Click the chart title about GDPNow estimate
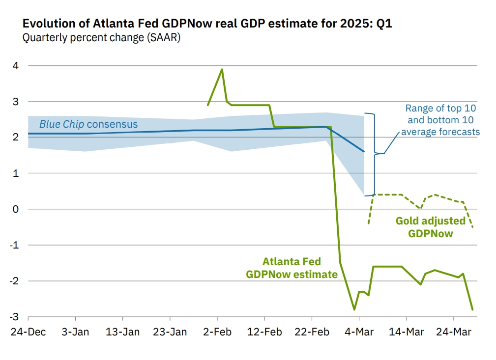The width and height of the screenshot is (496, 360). [x=207, y=24]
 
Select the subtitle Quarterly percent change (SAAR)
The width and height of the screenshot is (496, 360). [x=101, y=38]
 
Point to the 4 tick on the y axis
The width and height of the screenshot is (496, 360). [x=17, y=66]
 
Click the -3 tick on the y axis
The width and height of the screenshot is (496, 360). [x=15, y=317]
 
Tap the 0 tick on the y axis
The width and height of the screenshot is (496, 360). [x=17, y=209]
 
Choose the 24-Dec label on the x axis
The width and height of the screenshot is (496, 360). [x=28, y=332]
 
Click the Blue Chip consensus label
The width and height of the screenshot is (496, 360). [x=88, y=124]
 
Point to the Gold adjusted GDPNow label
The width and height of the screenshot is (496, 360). [x=431, y=227]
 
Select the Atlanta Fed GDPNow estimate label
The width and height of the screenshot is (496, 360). [x=292, y=268]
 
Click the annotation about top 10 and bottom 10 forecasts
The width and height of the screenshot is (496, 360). [x=440, y=120]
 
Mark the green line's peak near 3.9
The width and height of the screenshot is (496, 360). [x=222, y=69]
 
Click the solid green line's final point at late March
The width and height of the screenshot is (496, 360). [x=473, y=309]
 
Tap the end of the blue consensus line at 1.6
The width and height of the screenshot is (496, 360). [x=364, y=152]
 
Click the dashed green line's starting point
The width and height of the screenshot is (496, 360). [x=368, y=223]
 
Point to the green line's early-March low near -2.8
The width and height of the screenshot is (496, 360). [x=354, y=309]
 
